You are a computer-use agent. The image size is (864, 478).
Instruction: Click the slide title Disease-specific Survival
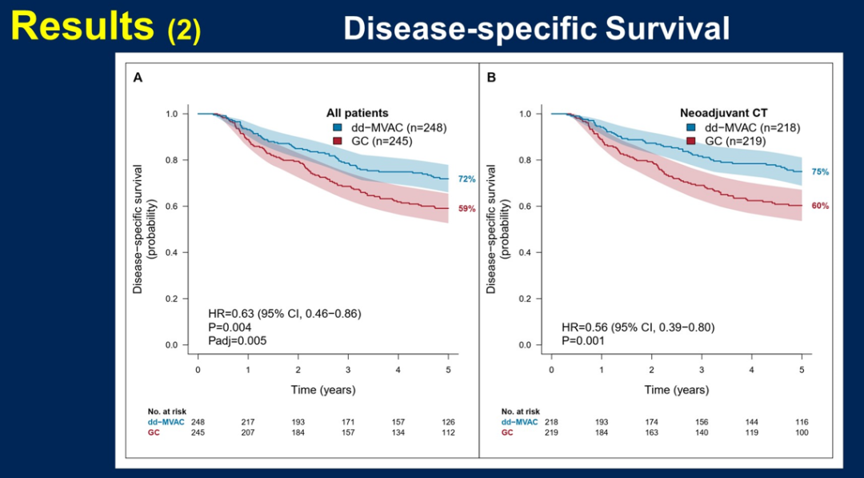point(536,29)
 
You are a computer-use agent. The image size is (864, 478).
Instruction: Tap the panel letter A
point(138,78)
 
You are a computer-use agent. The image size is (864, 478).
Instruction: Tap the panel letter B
point(491,78)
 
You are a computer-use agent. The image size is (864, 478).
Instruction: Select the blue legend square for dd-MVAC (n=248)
point(338,127)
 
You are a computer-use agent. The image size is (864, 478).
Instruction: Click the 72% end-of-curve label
point(466,179)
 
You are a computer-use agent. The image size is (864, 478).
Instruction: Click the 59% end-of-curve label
point(466,209)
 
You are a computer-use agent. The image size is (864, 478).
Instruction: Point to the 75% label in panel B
point(820,172)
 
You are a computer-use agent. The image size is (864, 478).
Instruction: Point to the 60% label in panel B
point(820,206)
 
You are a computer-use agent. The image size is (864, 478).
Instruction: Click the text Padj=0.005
point(237,340)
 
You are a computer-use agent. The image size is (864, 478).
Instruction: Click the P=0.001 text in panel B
point(582,340)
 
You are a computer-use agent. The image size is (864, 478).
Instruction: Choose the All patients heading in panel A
point(357,113)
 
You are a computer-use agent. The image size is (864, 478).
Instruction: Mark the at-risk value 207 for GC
point(248,432)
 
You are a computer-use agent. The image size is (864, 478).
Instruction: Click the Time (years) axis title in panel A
point(322,390)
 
